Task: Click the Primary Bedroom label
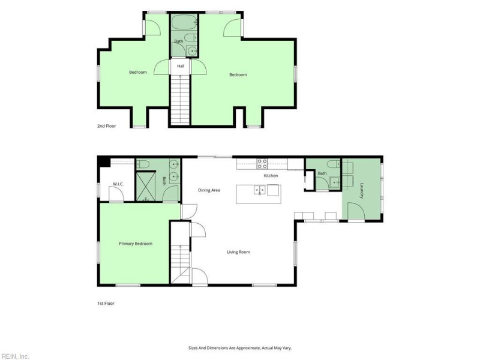pos(136,244)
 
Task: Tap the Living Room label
pos(238,252)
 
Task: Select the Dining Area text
pos(209,190)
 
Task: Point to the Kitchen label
pos(271,176)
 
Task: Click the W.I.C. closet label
pos(118,184)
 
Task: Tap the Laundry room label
pos(362,190)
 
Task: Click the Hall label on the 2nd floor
pos(181,66)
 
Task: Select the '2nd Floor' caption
pos(107,126)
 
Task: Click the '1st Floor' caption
pos(106,304)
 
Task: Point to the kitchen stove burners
pos(262,164)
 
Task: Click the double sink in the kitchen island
pos(260,190)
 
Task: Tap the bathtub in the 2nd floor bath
pos(184,22)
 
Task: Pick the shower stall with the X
pos(146,187)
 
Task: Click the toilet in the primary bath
pos(143,164)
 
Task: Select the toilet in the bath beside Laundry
pos(334,164)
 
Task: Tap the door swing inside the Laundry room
pos(356,211)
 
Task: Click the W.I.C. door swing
pos(116,194)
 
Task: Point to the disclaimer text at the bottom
pos(240,348)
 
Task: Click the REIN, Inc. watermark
pos(14,356)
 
